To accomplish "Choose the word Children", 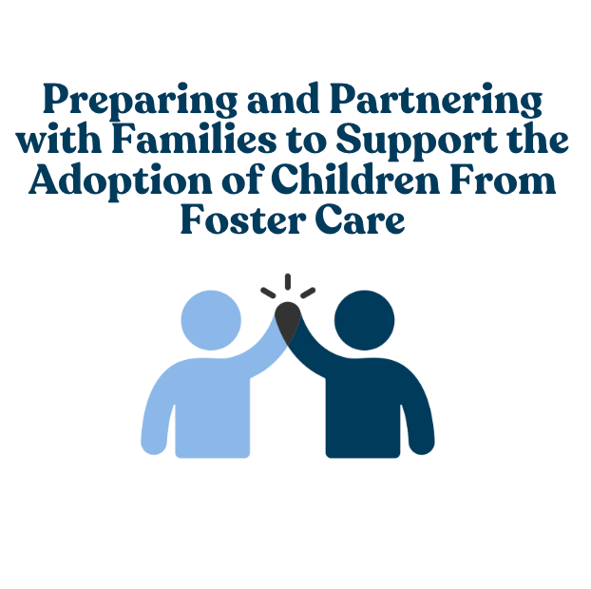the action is [355, 179].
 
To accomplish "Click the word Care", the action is [360, 218].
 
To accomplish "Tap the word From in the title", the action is [503, 179].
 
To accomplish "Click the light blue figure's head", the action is [211, 320].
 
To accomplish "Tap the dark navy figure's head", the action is [365, 320].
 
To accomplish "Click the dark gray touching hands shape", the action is [288, 321].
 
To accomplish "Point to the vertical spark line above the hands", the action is [288, 282].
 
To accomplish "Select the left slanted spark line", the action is [268, 293].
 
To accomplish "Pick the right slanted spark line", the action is [308, 293].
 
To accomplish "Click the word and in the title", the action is [283, 98].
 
